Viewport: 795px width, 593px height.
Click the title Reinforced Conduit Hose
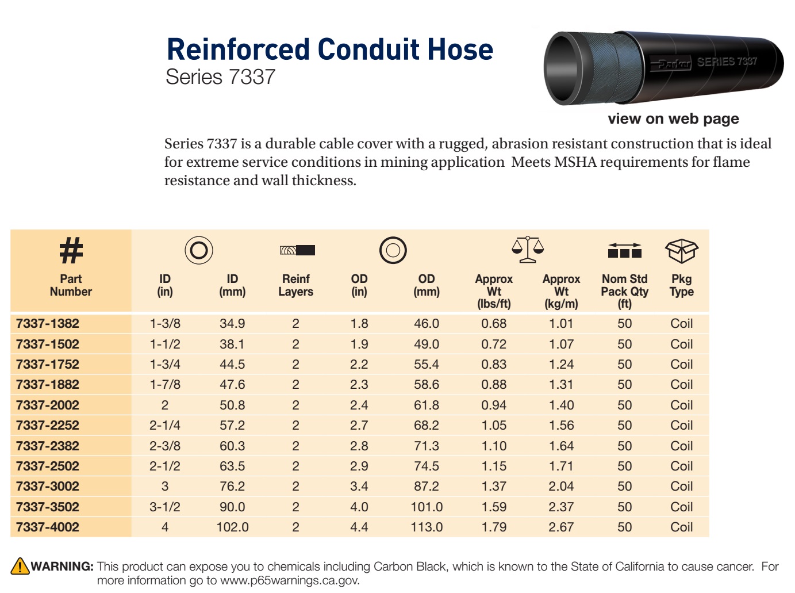329,49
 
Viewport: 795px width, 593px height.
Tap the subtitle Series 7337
220,77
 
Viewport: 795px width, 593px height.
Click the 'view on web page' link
673,118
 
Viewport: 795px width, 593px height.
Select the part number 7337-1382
48,323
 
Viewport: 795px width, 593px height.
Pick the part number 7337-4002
48,527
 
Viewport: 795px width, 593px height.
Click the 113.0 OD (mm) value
427,527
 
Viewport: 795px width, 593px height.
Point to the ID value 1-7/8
165,384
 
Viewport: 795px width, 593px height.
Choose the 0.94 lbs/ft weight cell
494,404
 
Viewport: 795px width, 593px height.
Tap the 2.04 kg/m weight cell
561,486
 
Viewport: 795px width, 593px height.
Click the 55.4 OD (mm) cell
427,364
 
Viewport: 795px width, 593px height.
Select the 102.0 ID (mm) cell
232,527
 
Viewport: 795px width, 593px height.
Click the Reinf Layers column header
295,285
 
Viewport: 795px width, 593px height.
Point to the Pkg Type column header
681,285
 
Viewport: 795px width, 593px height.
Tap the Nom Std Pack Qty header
624,291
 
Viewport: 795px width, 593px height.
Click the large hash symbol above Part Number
71,250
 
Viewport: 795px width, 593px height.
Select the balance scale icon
528,249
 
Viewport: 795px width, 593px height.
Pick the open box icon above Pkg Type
682,251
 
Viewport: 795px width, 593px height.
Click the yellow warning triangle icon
20,566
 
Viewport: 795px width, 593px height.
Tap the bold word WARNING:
62,566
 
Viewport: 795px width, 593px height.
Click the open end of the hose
562,68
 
